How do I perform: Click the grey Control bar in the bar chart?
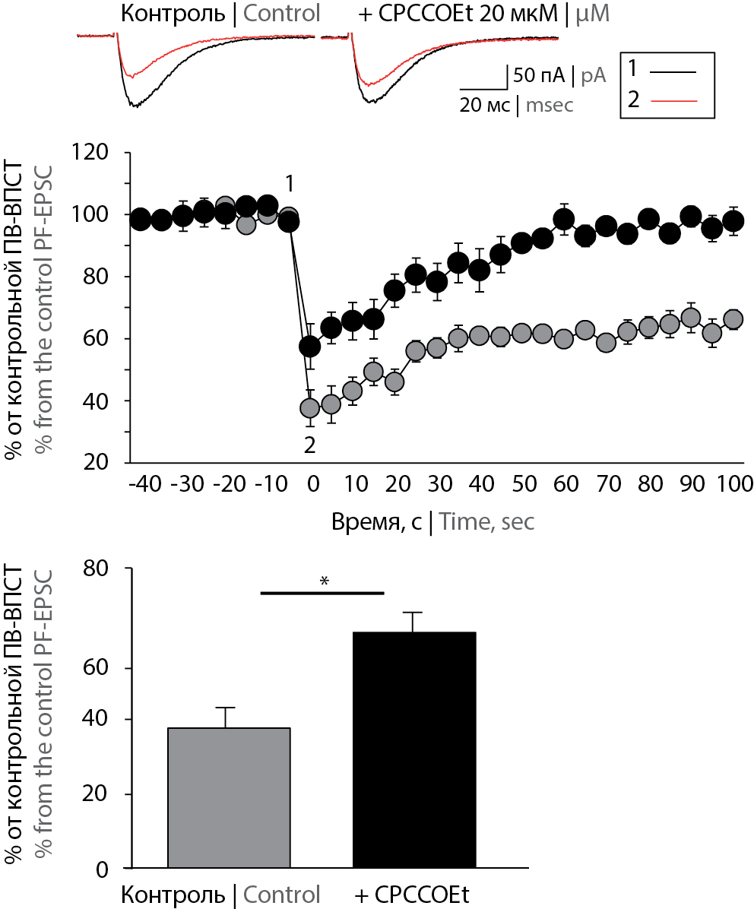click(x=229, y=798)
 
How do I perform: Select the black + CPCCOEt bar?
click(x=415, y=749)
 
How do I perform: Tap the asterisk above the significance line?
click(x=325, y=581)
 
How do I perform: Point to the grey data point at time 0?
click(x=310, y=408)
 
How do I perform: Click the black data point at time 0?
click(x=310, y=347)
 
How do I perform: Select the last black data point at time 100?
click(x=733, y=221)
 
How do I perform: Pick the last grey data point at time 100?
click(x=733, y=319)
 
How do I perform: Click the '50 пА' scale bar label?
click(x=539, y=75)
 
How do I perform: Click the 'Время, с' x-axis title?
click(x=377, y=521)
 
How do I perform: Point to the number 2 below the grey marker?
click(x=309, y=445)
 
